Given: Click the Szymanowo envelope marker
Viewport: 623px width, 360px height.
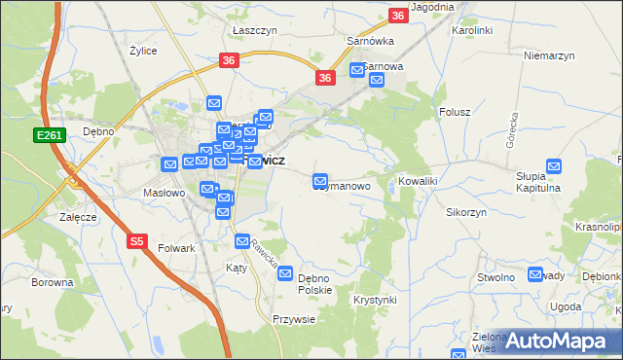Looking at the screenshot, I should click(x=320, y=181).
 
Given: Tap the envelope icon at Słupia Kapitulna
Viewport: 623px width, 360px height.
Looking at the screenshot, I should click(x=555, y=167).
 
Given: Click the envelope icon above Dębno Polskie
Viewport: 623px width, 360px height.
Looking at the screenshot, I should click(x=286, y=274).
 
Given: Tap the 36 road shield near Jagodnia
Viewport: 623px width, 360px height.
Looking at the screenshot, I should click(x=397, y=16).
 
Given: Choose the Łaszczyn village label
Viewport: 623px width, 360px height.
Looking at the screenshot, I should click(x=255, y=31).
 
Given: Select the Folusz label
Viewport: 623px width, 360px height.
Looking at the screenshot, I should click(x=455, y=112).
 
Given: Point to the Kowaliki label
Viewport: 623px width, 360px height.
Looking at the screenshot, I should click(x=420, y=182).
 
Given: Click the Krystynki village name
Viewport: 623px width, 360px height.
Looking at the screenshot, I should click(x=375, y=300).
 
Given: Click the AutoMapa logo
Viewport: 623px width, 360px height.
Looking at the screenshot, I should click(x=558, y=340).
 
